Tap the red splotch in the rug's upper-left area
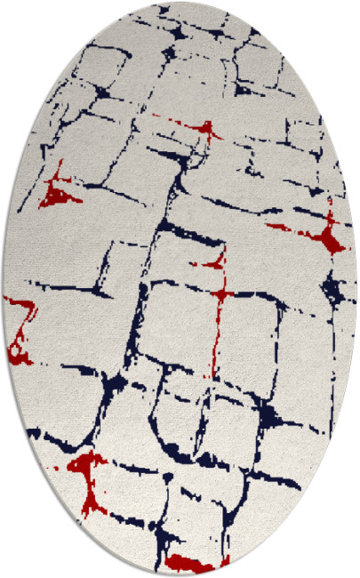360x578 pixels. [60, 189]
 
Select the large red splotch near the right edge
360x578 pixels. [328, 238]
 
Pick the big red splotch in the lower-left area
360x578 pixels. [86, 466]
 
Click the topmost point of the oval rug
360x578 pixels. [180, 3]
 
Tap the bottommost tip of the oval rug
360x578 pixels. [180, 575]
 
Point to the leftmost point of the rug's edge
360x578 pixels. [3, 289]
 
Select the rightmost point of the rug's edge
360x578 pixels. [357, 289]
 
